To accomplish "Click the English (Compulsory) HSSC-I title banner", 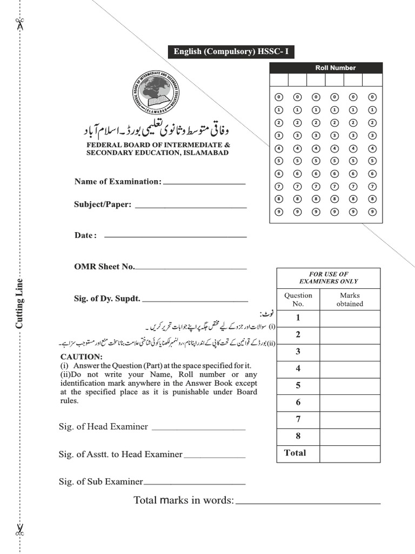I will tap(231, 52).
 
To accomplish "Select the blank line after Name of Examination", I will tap(204, 183).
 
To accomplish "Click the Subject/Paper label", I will tap(103, 205).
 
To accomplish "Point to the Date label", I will tap(85, 235).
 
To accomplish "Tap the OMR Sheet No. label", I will tap(104, 267).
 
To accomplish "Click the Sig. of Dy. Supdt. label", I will tap(107, 298).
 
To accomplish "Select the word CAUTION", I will tap(81, 357).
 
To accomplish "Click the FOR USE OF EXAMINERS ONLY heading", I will tap(328, 278).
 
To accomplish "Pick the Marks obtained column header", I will tap(350, 300).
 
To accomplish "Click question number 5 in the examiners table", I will tap(298, 386).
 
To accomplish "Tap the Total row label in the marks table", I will tap(295, 453).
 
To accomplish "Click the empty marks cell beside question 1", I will tap(350, 318).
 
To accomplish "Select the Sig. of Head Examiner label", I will tap(103, 426).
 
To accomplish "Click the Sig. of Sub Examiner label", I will tap(101, 482).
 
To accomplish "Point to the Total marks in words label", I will tap(184, 500).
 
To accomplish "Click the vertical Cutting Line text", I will tap(19, 303).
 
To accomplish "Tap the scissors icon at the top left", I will tap(20, 24).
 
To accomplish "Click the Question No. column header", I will tap(298, 300).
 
